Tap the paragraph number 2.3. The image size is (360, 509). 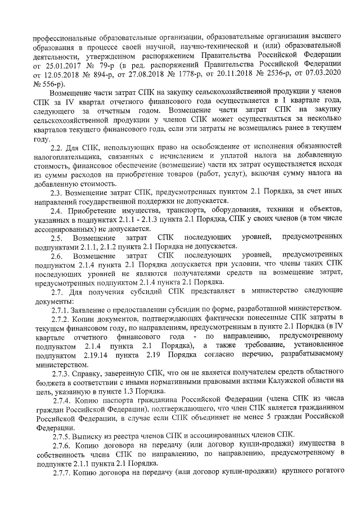[x=58, y=192]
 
